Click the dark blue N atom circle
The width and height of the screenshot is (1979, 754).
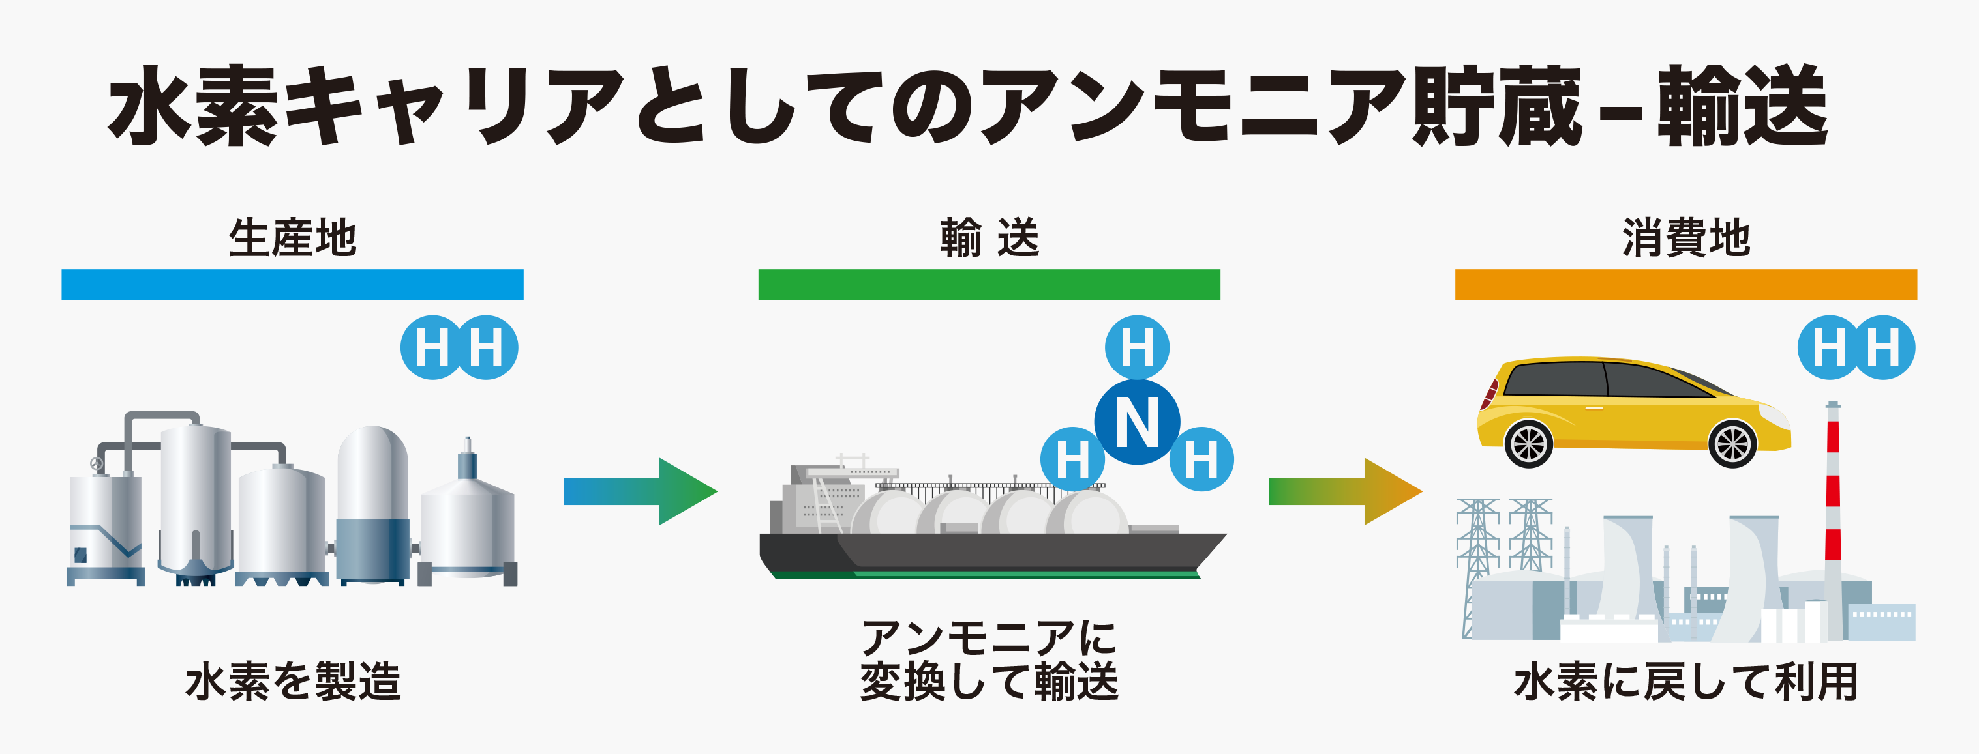[1137, 422]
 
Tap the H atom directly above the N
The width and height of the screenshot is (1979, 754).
[1137, 347]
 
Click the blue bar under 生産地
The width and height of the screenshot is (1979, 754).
[292, 284]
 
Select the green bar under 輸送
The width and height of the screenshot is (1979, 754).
[989, 284]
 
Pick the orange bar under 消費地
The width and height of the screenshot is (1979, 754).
[1685, 284]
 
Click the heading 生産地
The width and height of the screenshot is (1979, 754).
[293, 237]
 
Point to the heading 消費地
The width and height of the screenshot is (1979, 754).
[1686, 237]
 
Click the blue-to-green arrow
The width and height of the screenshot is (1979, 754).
[641, 491]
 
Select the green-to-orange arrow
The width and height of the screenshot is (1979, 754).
[1345, 491]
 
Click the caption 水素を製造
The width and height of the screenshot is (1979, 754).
[293, 681]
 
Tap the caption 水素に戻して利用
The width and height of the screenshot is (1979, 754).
[1685, 681]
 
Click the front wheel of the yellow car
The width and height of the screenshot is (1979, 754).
[1732, 444]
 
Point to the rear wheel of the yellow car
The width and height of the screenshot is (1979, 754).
[1529, 444]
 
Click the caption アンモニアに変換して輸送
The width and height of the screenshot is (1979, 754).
[989, 660]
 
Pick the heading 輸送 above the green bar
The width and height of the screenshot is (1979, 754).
[989, 237]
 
